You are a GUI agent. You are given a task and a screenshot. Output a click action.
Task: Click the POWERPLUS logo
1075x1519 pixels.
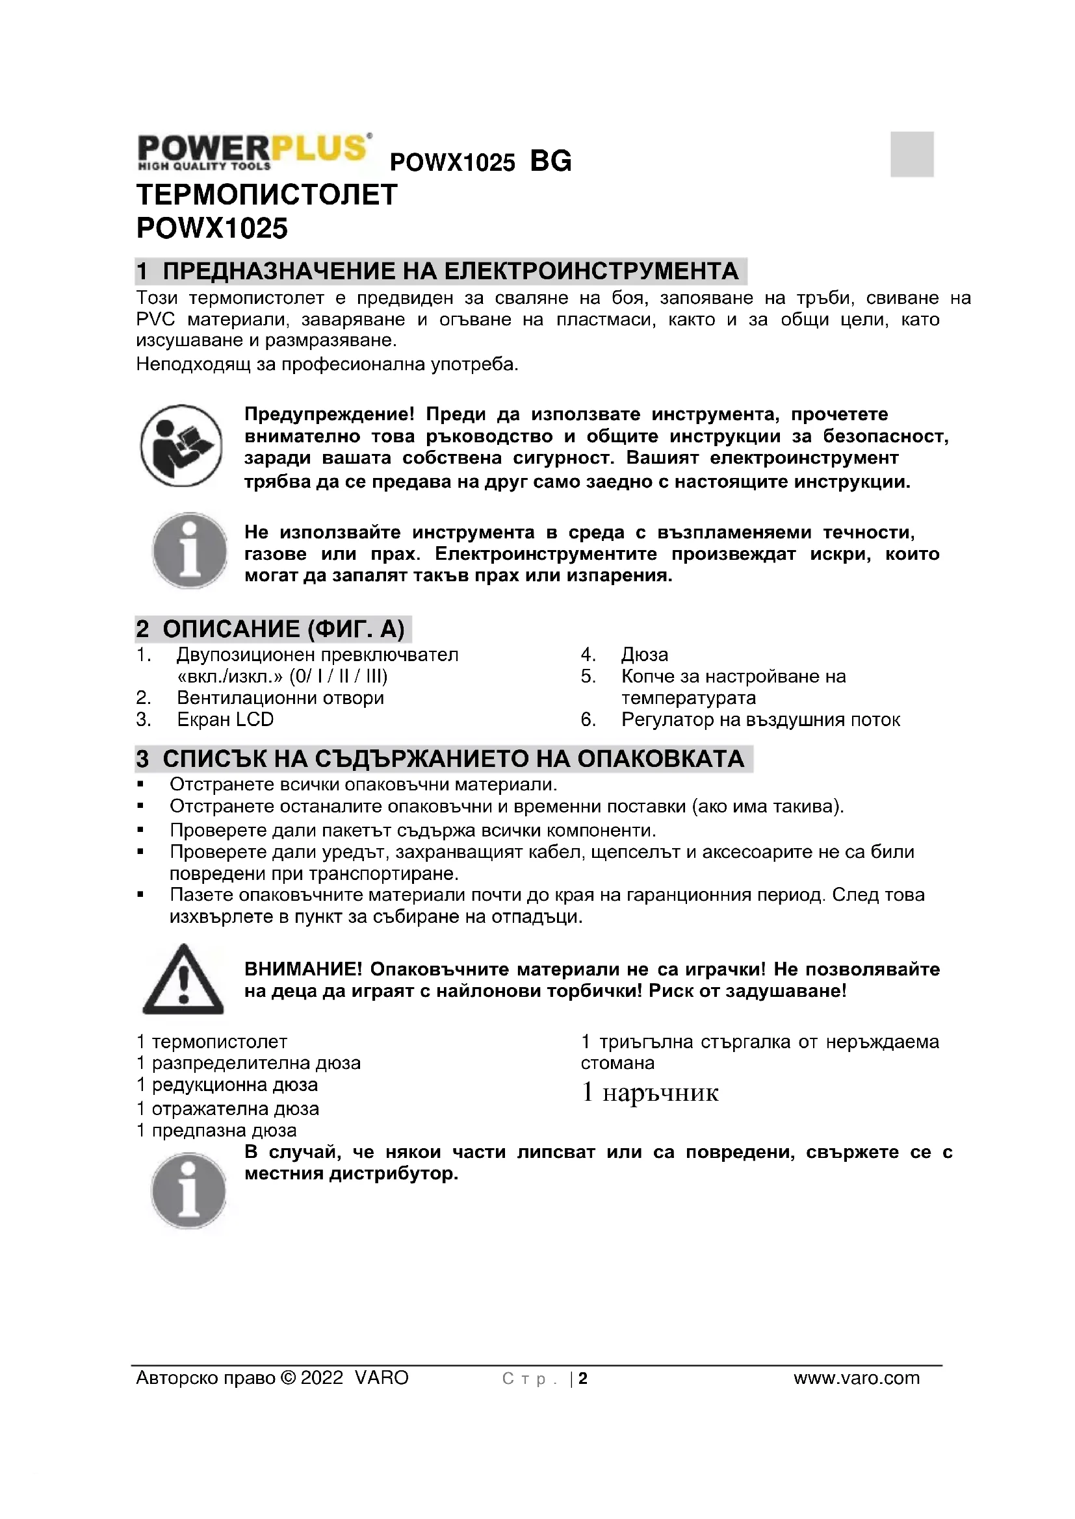coord(253,151)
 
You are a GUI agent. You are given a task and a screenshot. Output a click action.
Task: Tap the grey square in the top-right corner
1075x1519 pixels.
coord(911,154)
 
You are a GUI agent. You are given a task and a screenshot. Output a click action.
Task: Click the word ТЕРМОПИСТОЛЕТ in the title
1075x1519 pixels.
coord(266,195)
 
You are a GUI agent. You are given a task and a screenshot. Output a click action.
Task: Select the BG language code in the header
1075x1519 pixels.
coord(550,162)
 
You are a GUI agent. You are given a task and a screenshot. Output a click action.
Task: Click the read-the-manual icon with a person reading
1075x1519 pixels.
coord(181,446)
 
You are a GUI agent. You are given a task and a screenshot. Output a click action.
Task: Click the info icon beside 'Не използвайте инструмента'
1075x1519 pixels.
coord(190,551)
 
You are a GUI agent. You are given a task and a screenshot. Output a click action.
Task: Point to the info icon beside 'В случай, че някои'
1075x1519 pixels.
coord(188,1190)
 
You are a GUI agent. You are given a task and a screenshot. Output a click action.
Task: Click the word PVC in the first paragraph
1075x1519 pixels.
coord(155,320)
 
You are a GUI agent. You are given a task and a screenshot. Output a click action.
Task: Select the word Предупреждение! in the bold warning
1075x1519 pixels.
coord(329,415)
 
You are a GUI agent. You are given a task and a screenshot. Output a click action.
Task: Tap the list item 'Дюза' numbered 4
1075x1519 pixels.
coord(644,655)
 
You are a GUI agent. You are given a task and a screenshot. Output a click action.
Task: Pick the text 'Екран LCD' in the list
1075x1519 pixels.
coord(225,720)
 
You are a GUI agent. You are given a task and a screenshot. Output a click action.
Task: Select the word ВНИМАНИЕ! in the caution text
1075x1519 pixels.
coord(303,969)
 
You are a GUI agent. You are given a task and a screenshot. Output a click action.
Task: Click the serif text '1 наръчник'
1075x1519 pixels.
coord(650,1092)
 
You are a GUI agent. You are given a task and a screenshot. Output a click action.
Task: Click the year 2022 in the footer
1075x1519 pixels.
coord(322,1378)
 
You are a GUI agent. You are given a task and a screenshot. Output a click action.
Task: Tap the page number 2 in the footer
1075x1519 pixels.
coord(583,1379)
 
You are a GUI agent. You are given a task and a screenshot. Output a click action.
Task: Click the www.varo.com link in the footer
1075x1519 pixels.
coord(857,1378)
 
